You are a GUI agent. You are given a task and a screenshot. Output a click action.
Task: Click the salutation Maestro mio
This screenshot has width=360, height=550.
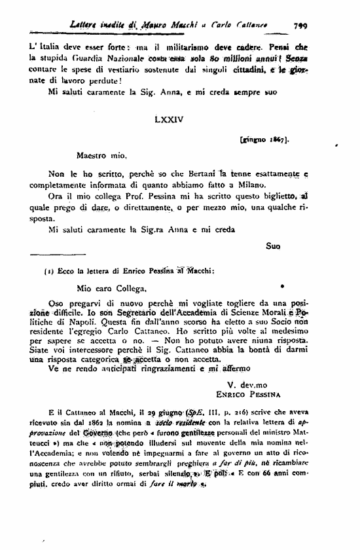point(100,157)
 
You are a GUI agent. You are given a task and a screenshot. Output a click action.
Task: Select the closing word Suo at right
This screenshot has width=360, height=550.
point(273,246)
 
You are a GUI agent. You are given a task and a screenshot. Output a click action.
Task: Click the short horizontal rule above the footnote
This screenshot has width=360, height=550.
point(58,253)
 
